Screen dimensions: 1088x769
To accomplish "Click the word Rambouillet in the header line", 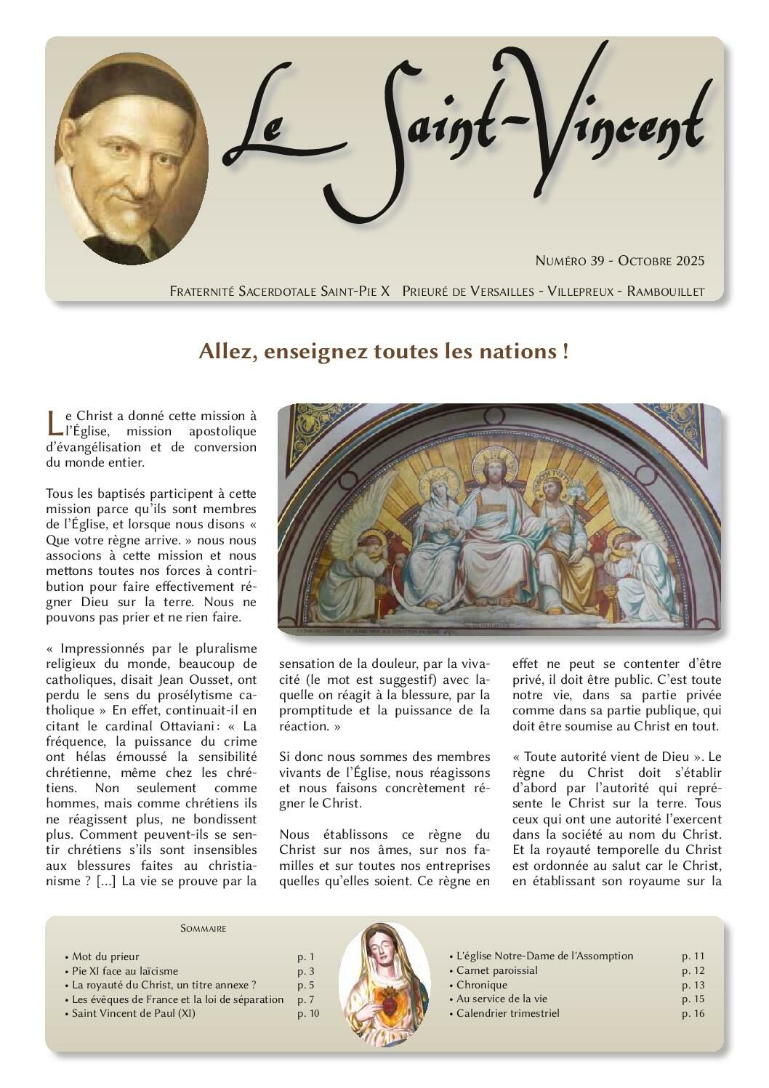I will (665, 291).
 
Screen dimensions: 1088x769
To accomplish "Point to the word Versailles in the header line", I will (489, 291).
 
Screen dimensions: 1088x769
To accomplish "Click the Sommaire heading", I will (203, 928).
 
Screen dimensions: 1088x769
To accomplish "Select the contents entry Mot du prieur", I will (105, 956).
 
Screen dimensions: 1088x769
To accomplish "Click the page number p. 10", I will (308, 1013).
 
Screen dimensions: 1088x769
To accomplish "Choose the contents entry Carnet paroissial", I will (497, 970).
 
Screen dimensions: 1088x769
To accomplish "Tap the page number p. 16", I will (693, 1013).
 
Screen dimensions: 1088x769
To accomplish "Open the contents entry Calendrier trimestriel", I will (507, 1013).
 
